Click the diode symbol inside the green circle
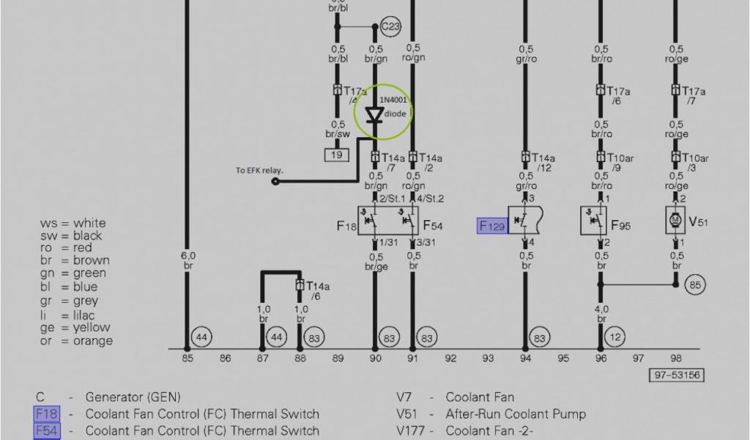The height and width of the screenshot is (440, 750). (375, 114)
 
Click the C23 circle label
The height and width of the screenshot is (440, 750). (391, 27)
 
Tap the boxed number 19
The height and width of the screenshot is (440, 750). (337, 155)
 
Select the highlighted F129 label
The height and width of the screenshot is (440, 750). (492, 226)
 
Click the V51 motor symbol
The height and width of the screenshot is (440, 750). (675, 220)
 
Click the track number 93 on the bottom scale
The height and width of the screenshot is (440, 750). (488, 359)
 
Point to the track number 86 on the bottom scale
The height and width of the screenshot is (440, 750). (225, 359)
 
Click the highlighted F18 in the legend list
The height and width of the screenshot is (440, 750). (46, 414)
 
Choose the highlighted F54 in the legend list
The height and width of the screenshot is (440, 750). (46, 430)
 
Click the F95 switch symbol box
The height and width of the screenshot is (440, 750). (594, 220)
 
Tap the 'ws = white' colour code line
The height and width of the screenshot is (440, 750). (73, 223)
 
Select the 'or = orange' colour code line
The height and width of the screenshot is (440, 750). (76, 341)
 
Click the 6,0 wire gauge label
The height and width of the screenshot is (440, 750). (187, 255)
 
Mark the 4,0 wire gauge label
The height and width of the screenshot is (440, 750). (601, 309)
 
